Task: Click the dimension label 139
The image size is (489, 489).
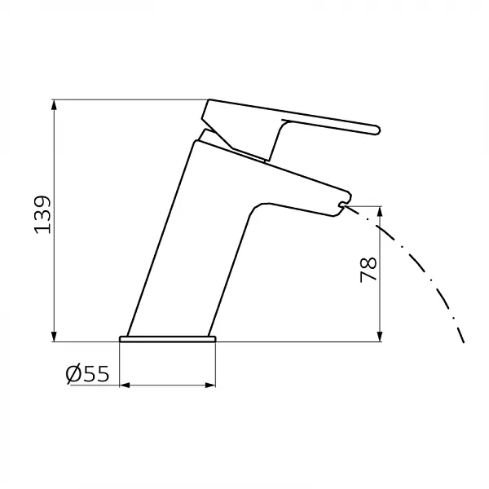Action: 42,214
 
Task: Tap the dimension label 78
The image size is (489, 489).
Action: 368,270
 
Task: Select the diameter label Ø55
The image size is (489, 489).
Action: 88,373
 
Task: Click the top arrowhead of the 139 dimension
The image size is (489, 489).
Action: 55,105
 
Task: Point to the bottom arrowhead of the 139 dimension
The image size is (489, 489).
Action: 55,336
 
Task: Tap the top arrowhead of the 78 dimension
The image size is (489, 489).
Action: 380,212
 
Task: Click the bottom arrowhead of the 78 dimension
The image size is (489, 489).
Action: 380,336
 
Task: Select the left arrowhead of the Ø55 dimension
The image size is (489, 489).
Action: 125,385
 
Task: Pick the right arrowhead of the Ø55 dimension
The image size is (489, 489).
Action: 210,385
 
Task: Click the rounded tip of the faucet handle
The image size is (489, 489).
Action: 377,130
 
